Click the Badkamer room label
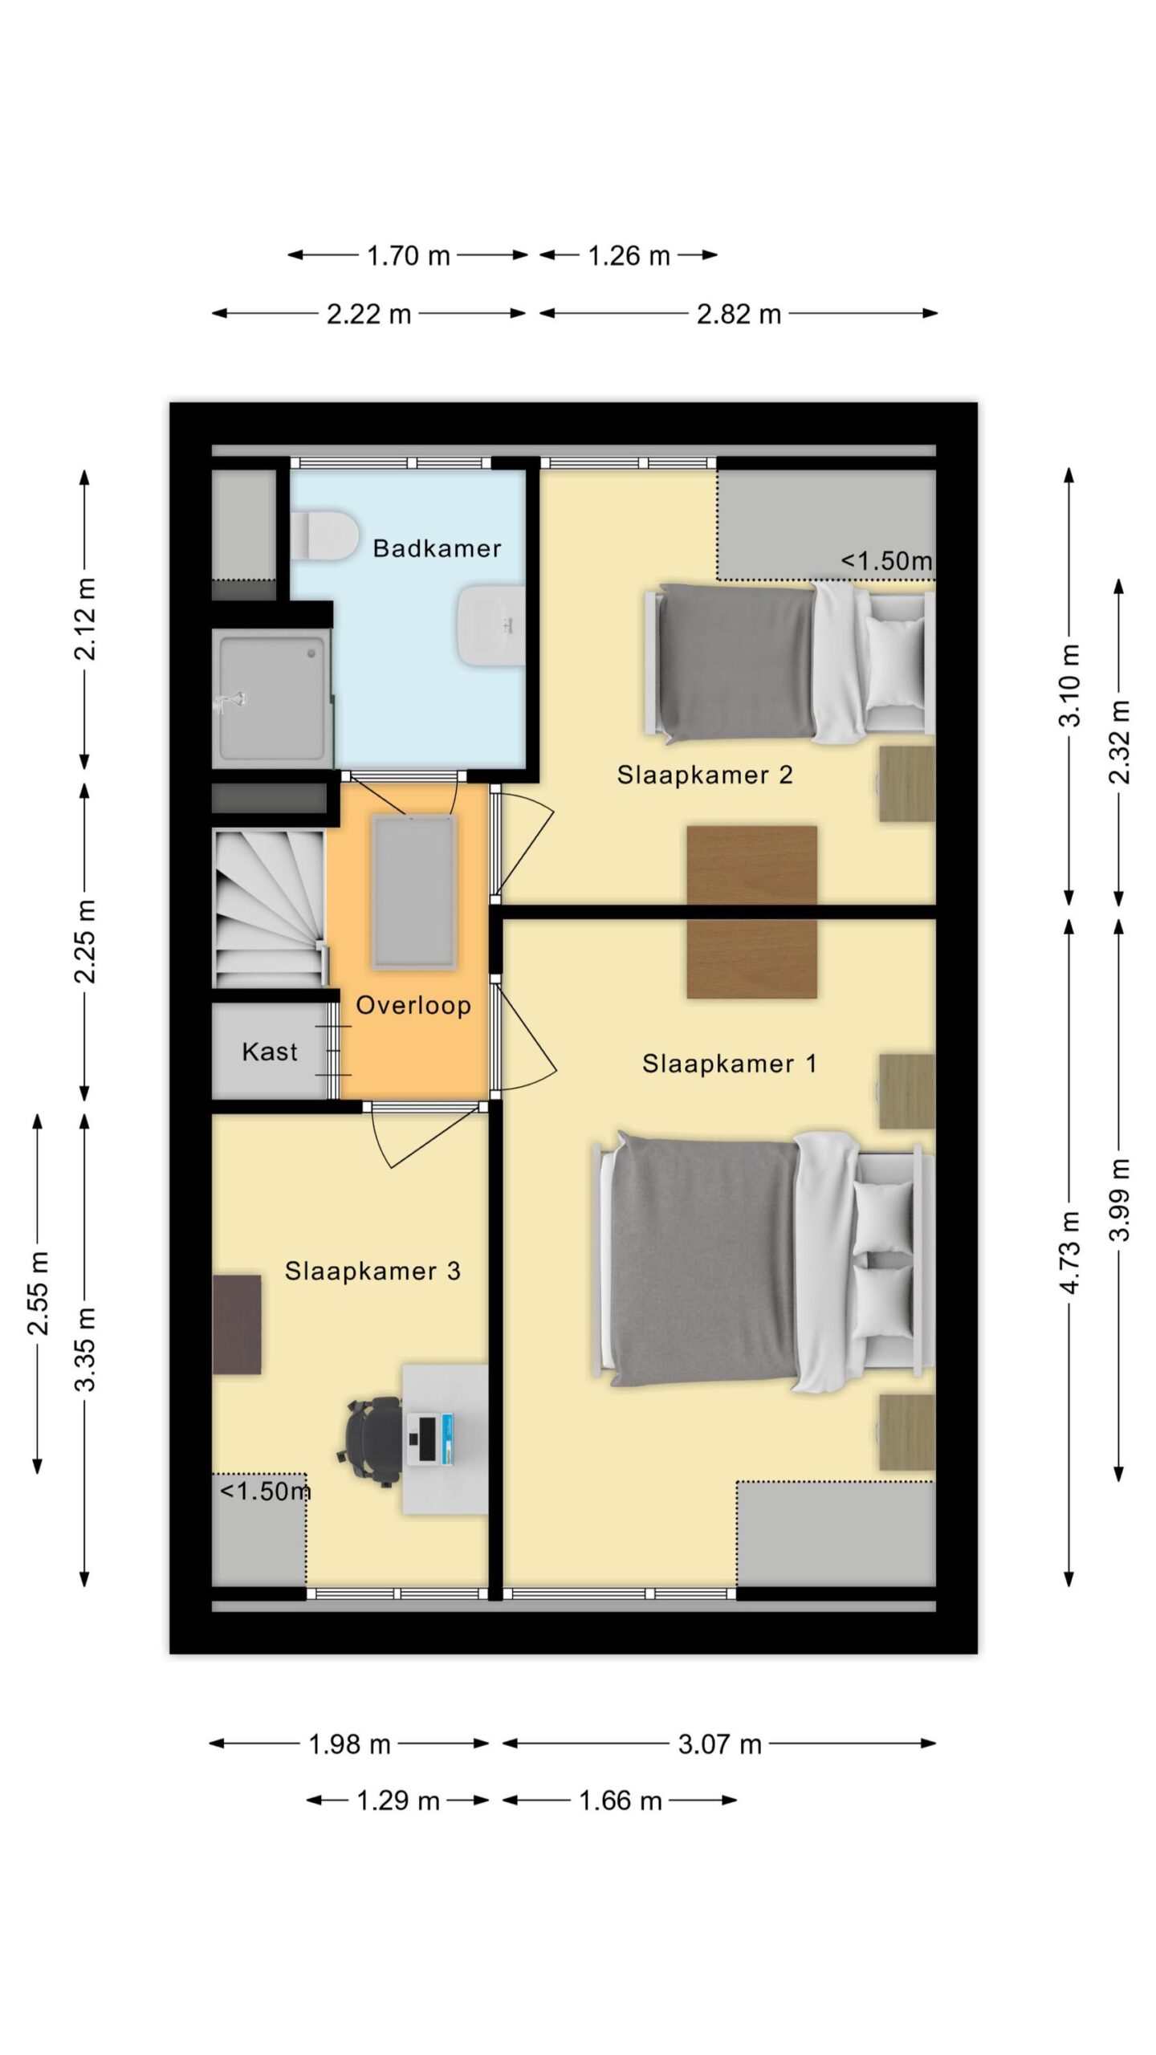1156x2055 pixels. point(437,548)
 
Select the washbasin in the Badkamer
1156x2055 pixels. point(490,625)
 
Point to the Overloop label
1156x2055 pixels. point(413,1006)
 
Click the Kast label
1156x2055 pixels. point(270,1052)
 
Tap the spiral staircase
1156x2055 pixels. point(270,909)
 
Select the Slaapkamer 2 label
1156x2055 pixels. point(705,775)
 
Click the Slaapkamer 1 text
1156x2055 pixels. point(729,1064)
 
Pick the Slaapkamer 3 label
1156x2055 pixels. point(372,1271)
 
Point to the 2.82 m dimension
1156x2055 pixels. point(739,314)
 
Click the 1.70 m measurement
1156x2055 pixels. point(408,256)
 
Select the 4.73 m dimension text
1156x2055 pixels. point(1070,1252)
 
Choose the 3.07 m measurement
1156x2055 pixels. point(719,1744)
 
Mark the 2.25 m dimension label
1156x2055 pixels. point(85,942)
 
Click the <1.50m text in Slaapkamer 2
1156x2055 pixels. point(886,561)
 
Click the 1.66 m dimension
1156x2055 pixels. point(620,1801)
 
